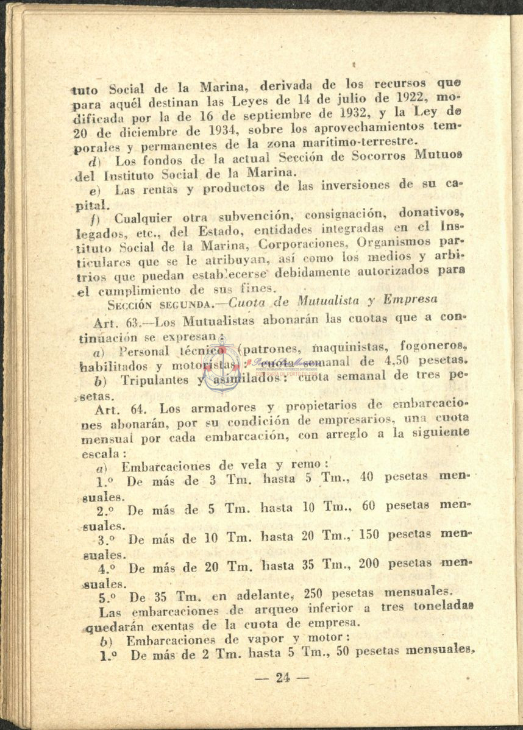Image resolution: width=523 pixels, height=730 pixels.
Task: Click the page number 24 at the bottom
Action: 283,678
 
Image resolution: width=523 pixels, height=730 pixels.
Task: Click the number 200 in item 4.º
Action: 371,564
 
